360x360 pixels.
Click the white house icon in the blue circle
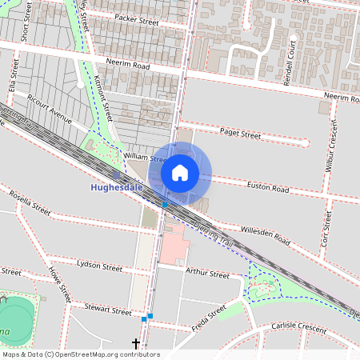click(x=180, y=172)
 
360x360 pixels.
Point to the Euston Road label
click(x=268, y=189)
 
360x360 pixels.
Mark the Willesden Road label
click(x=265, y=236)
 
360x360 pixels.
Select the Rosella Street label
click(x=30, y=203)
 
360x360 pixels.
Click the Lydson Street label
click(x=99, y=264)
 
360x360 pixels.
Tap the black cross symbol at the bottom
click(x=136, y=344)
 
